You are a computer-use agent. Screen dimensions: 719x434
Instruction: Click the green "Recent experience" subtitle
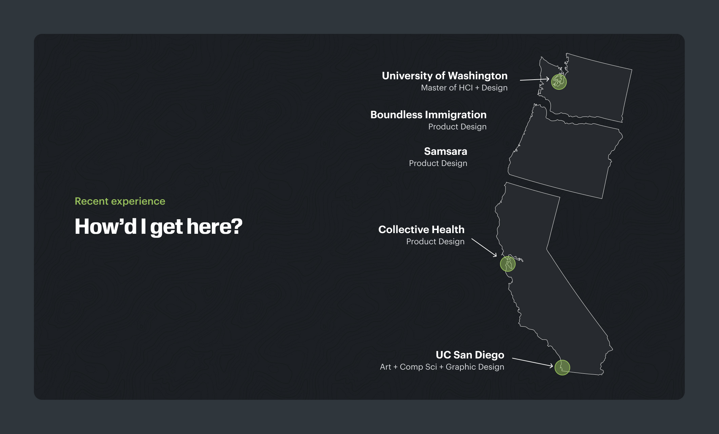[120, 201]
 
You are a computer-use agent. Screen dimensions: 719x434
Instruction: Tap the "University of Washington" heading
[445, 76]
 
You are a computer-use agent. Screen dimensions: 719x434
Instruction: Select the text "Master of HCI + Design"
[464, 88]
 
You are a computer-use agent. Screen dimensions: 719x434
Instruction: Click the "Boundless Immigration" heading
[428, 115]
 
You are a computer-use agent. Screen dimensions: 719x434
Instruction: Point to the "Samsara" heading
[445, 151]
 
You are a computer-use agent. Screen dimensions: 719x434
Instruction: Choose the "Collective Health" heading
[421, 229]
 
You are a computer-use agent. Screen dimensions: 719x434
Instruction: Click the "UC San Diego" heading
[470, 355]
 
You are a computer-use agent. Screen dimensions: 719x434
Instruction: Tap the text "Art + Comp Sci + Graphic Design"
[442, 367]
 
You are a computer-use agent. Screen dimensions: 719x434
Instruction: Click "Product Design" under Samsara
[438, 163]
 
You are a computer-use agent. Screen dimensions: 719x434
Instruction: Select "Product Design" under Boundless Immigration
[457, 127]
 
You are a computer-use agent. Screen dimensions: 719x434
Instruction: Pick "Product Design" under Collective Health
[435, 242]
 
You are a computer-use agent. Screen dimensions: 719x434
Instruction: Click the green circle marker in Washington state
[559, 82]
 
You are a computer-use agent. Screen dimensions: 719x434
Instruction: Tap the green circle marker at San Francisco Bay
[508, 264]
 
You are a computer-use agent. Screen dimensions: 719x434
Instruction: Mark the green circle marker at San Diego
[562, 368]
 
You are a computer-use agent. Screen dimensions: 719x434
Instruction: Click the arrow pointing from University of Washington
[535, 80]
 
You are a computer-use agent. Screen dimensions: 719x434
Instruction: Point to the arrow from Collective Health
[484, 247]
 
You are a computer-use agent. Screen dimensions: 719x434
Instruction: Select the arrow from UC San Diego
[533, 362]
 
